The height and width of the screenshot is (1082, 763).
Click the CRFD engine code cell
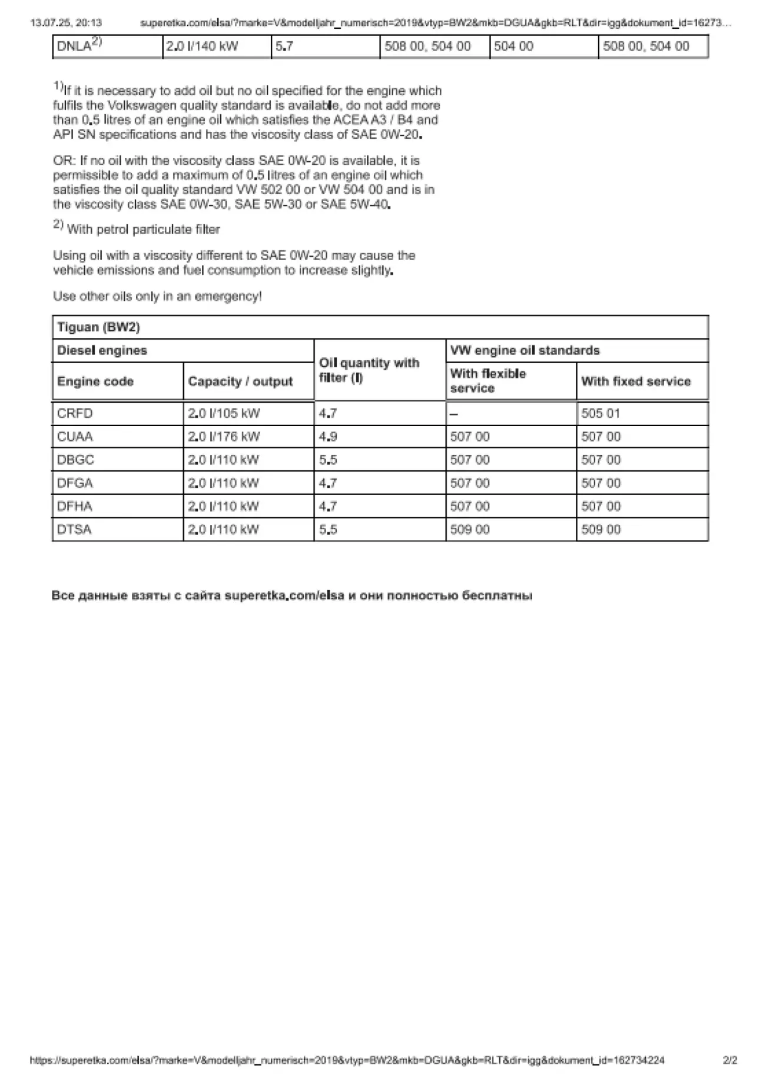point(75,413)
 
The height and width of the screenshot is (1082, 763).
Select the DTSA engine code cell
point(74,529)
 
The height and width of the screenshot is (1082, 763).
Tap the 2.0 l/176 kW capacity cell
point(224,437)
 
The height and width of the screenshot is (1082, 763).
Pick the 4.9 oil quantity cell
point(328,437)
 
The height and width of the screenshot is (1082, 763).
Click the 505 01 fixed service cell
point(601,413)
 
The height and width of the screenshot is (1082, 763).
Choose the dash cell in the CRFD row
point(454,414)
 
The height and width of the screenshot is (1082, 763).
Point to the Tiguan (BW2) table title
point(98,327)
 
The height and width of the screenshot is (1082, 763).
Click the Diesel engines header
point(102,350)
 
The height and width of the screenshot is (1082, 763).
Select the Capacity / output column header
point(240,381)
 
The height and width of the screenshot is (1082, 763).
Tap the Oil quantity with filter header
point(369,370)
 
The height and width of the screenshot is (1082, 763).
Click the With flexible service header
point(488,381)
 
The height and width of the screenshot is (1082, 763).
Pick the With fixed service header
point(636,381)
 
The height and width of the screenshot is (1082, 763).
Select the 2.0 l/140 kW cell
point(202,47)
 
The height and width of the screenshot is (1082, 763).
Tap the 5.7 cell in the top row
point(284,47)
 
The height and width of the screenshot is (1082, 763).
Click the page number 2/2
point(730,1060)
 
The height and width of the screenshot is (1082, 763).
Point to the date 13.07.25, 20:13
point(66,23)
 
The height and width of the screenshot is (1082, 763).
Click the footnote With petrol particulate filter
point(143,230)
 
